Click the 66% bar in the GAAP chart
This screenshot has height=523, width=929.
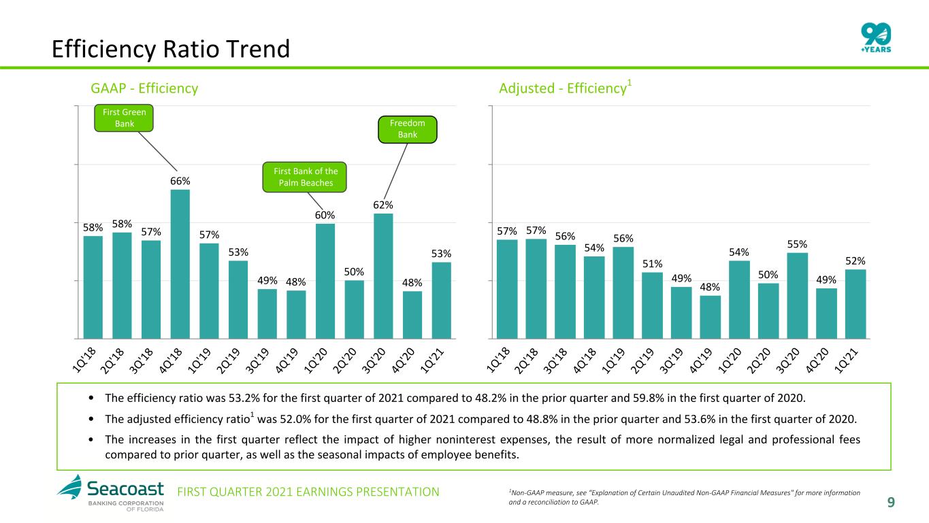click(x=180, y=264)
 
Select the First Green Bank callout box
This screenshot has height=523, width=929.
click(x=124, y=118)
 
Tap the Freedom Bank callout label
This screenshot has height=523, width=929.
click(x=407, y=129)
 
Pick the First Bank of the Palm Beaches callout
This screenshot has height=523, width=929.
click(x=304, y=177)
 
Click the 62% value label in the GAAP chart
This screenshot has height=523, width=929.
click(x=382, y=205)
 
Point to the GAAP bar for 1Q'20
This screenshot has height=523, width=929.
click(x=325, y=282)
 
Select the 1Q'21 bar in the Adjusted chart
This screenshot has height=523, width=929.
click(x=855, y=304)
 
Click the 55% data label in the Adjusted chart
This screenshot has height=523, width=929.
click(x=797, y=245)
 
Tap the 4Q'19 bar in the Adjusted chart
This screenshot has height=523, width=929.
click(x=710, y=318)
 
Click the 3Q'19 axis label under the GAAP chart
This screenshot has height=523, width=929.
click(x=257, y=361)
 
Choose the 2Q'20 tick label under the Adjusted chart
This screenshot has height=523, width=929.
click(x=759, y=361)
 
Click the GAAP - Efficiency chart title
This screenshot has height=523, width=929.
click(x=144, y=88)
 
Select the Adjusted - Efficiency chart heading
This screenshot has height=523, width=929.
click(x=565, y=88)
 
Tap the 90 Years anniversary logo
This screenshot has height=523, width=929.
click(x=876, y=37)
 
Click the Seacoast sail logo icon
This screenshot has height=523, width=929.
click(x=69, y=486)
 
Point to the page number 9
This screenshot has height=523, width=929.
click(x=891, y=503)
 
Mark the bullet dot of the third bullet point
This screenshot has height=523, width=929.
click(x=91, y=440)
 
